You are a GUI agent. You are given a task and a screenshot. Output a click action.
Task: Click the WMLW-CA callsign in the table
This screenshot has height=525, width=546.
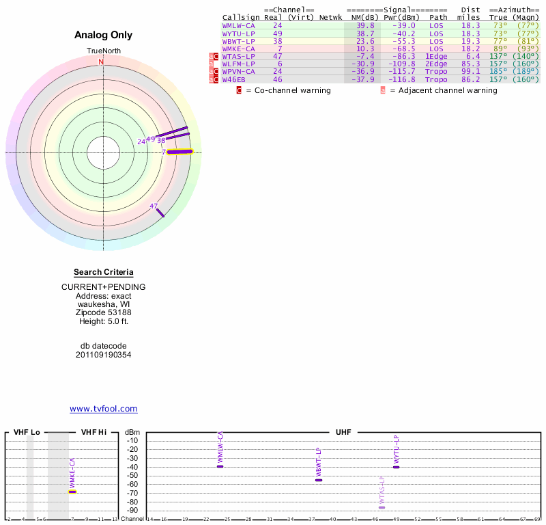click(x=238, y=25)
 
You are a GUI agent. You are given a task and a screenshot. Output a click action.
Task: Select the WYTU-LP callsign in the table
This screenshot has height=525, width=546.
click(x=238, y=33)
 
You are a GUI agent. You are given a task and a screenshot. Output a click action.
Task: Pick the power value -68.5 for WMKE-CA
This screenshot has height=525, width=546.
click(x=403, y=49)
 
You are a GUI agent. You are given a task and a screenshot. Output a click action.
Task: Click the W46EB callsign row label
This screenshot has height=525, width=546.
click(x=233, y=79)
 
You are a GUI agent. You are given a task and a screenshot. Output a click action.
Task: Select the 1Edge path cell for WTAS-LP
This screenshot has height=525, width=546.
click(x=436, y=56)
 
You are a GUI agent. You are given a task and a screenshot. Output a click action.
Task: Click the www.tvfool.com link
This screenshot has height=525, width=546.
click(x=103, y=409)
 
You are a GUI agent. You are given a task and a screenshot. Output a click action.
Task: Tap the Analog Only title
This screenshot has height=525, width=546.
click(x=103, y=35)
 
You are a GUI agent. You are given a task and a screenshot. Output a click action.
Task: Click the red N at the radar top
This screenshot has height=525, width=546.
click(x=102, y=62)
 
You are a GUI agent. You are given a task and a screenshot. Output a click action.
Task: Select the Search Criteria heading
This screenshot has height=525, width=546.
click(x=103, y=273)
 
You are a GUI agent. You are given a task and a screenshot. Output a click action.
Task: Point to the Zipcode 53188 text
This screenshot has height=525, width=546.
click(x=103, y=312)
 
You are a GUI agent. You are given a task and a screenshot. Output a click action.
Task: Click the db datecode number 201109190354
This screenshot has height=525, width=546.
click(x=103, y=355)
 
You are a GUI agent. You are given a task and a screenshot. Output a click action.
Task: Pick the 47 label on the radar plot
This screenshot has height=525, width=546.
click(x=154, y=206)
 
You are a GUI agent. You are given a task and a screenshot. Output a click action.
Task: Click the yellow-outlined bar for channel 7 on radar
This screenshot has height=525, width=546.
click(x=180, y=152)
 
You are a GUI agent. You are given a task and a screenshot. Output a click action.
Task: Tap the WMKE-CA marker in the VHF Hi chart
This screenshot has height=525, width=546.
click(x=72, y=492)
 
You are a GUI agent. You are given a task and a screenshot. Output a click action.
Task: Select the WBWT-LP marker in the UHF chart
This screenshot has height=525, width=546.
click(x=319, y=480)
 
